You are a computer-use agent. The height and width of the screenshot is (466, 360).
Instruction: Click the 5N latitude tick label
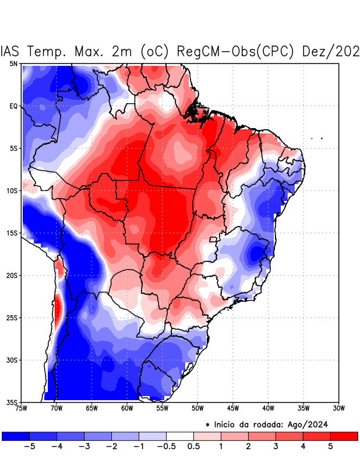point(13,63)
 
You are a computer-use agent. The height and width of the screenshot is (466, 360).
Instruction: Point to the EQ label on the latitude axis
point(13,106)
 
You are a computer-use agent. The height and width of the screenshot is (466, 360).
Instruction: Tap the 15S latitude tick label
point(12,233)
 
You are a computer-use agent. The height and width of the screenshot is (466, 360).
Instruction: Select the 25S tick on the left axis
point(12,317)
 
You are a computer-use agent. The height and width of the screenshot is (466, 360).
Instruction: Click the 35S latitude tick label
point(12,402)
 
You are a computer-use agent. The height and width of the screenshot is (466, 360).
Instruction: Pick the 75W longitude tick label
point(22,408)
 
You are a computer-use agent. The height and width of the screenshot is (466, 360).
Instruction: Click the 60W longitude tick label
point(127,408)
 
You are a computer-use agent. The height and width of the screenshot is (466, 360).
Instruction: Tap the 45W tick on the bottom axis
point(232,408)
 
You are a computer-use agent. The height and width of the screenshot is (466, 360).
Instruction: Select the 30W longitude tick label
point(338,408)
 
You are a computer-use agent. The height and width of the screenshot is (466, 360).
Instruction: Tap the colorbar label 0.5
point(194,446)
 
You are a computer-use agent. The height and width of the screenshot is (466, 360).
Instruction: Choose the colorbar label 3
point(276,446)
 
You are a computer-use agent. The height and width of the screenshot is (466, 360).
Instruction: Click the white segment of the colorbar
point(180,436)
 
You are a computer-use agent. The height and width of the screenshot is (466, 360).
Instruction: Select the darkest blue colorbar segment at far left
point(16,436)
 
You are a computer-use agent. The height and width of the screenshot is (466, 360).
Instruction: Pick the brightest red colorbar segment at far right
point(344,436)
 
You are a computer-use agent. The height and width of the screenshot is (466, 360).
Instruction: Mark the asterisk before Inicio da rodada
point(207,425)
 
